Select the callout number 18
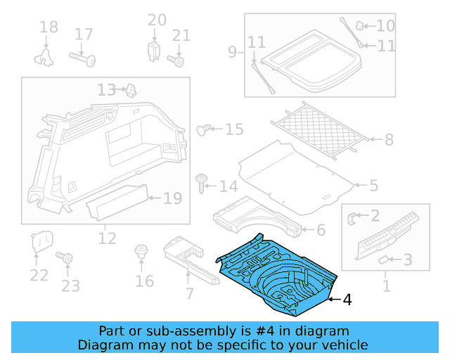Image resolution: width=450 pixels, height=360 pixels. [49, 28]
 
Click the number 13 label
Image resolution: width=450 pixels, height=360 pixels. [106, 90]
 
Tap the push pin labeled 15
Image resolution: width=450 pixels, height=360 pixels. [204, 129]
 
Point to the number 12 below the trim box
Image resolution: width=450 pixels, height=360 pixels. [107, 239]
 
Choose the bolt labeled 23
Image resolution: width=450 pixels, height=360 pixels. [68, 260]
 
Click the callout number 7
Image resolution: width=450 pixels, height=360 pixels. [188, 293]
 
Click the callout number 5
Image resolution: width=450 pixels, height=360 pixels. [373, 186]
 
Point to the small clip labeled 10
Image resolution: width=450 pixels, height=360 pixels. [359, 26]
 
